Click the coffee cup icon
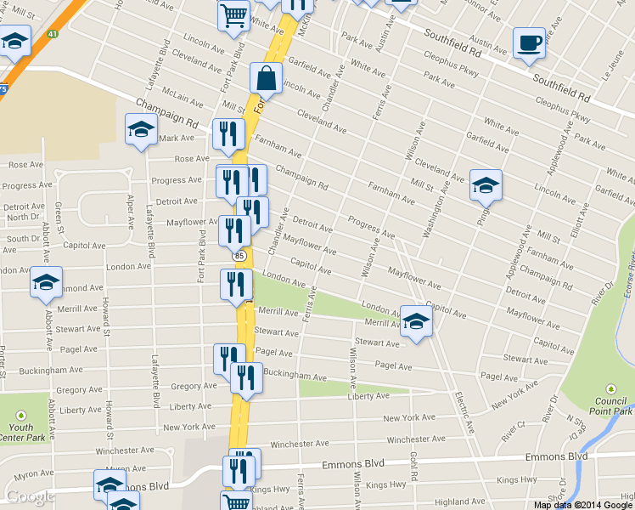tap(529, 42)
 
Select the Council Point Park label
tap(610, 405)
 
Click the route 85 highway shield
tap(239, 255)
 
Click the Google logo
tap(30, 496)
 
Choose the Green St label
tap(59, 213)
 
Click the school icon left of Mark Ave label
tap(141, 130)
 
